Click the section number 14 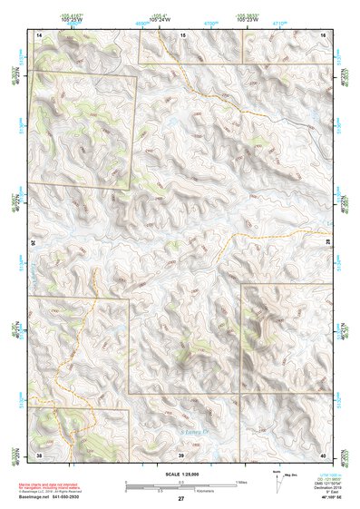(39, 34)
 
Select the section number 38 (39, 454)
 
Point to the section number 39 (180, 454)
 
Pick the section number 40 (323, 454)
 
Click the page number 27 (180, 499)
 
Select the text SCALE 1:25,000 (180, 474)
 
